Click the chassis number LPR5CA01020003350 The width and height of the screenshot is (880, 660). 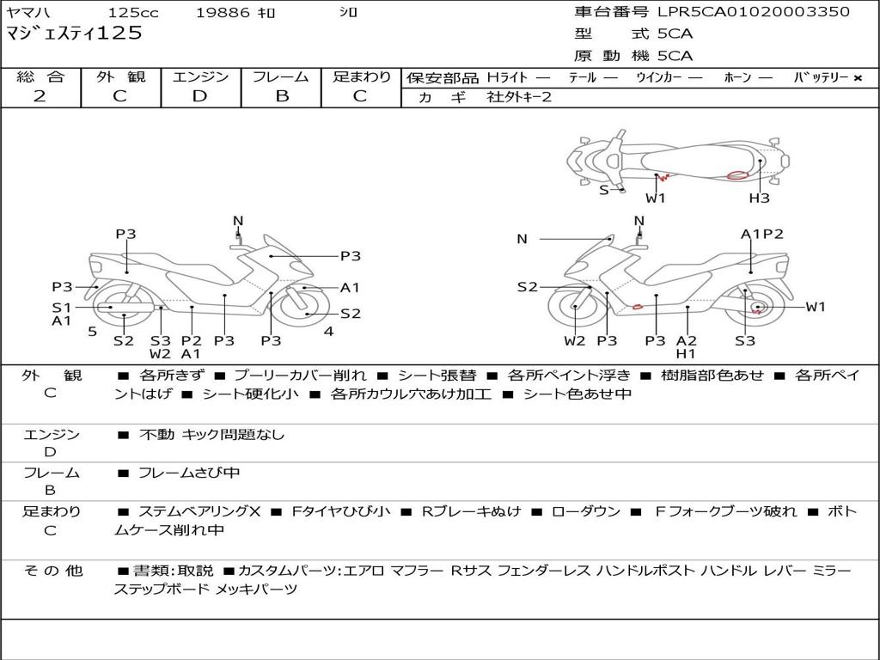(x=754, y=11)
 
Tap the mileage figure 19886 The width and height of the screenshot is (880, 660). (x=223, y=12)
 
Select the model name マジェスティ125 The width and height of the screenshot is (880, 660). (x=74, y=34)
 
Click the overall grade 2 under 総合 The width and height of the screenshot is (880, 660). (x=40, y=96)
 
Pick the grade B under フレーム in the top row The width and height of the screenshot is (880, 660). (x=282, y=96)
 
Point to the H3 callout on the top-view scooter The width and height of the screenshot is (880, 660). (x=760, y=198)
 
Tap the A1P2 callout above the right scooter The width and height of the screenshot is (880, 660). (x=761, y=234)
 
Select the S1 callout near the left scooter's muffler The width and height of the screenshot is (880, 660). (x=62, y=308)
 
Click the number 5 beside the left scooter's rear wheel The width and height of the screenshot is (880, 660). (x=93, y=332)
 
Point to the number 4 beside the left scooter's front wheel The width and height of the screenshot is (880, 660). (x=329, y=332)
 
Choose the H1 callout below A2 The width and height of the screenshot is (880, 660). (x=686, y=353)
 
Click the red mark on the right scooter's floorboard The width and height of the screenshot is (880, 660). (x=638, y=307)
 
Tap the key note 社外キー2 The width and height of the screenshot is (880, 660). (x=519, y=97)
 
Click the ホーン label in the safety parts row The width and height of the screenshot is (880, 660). (x=737, y=77)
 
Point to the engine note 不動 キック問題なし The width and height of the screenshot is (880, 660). (x=211, y=434)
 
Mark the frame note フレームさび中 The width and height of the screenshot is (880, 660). (x=189, y=473)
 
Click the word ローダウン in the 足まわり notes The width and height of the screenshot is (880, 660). (x=586, y=511)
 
